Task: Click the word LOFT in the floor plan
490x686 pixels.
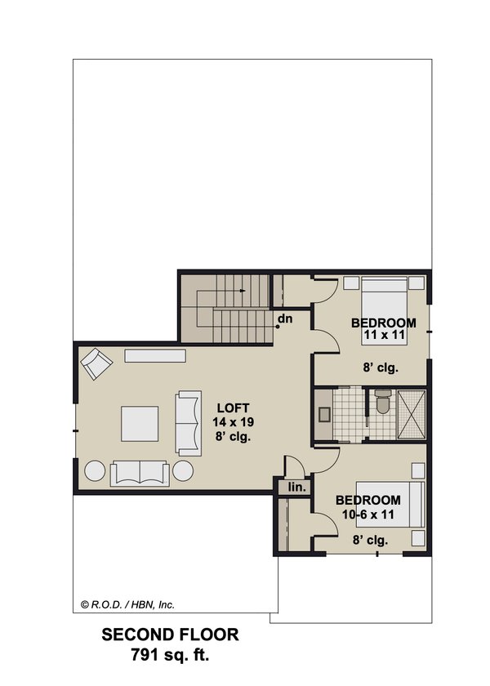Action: [x=232, y=408]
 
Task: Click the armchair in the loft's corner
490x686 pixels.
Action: [x=96, y=363]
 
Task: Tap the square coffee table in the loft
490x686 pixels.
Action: [x=140, y=424]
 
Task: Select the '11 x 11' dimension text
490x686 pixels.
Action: [x=383, y=335]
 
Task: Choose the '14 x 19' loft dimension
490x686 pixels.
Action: [x=232, y=421]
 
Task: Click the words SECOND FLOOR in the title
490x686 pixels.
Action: [x=170, y=635]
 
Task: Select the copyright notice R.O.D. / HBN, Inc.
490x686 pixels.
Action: [x=127, y=605]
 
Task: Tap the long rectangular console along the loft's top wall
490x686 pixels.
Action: [x=155, y=356]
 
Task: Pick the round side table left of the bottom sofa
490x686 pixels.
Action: [x=96, y=471]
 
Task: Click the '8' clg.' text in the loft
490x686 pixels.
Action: [x=232, y=436]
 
